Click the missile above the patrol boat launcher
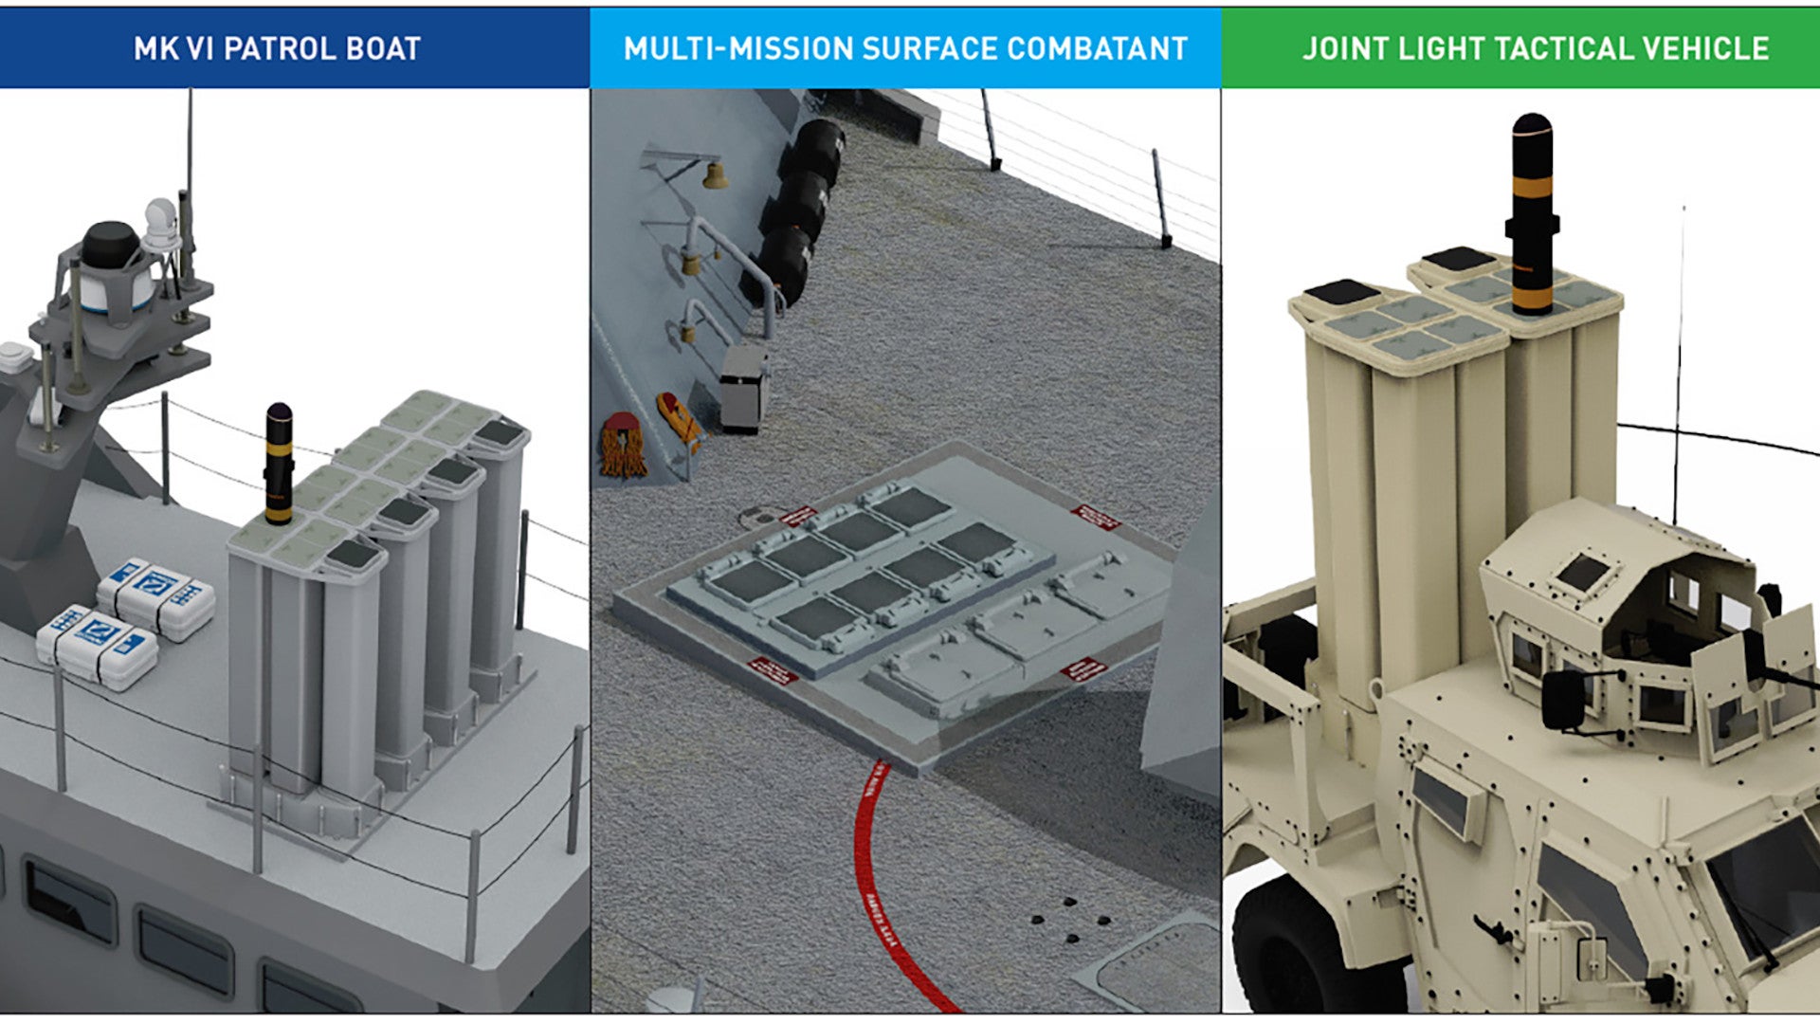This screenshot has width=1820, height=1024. pos(279,463)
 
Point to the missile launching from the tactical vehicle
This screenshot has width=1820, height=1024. pos(1532,214)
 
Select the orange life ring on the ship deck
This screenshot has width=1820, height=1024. pos(622,446)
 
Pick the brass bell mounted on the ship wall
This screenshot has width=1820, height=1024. pos(713,174)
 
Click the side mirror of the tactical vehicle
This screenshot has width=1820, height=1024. pos(1563,700)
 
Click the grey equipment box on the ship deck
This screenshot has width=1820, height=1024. pos(743,389)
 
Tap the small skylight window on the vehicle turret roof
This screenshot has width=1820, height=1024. pos(1582,572)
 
